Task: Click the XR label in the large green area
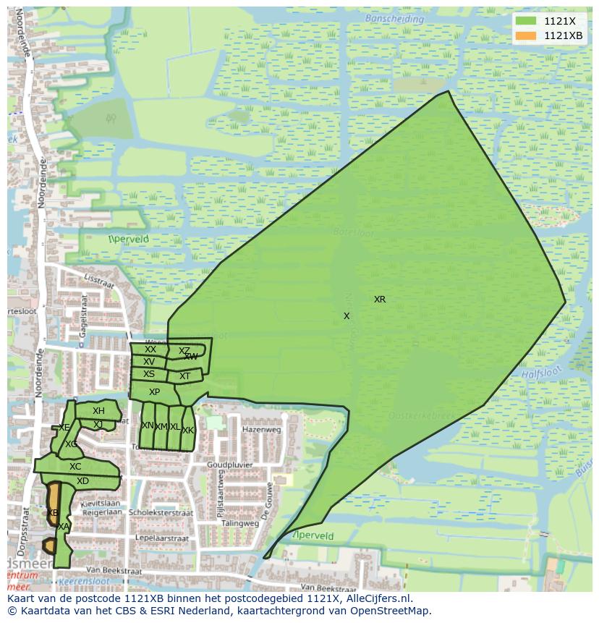(x=380, y=300)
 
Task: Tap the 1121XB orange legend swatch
(x=526, y=36)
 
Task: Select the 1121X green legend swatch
(x=526, y=21)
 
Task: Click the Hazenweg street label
(x=261, y=429)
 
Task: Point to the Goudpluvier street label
(x=227, y=465)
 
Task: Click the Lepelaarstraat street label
(x=162, y=538)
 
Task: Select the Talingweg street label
(x=240, y=523)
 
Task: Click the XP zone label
(x=154, y=392)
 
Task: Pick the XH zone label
(x=98, y=411)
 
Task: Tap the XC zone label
(x=75, y=467)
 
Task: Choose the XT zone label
(x=184, y=376)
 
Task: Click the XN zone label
(x=148, y=426)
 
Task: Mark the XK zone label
(x=188, y=431)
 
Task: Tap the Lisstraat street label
(x=99, y=281)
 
